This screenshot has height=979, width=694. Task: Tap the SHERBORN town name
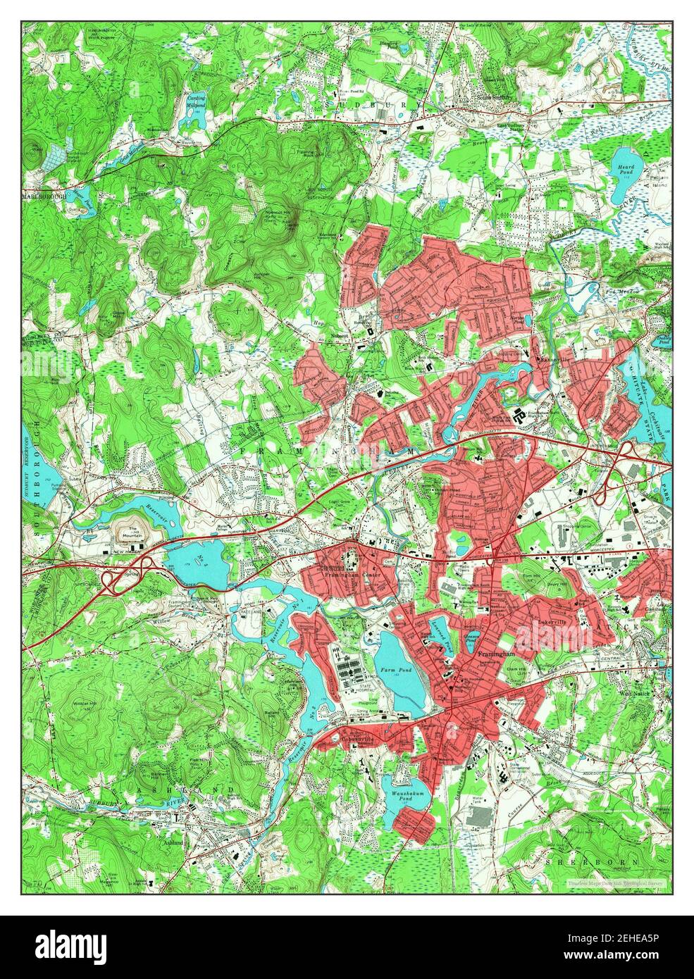592,861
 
